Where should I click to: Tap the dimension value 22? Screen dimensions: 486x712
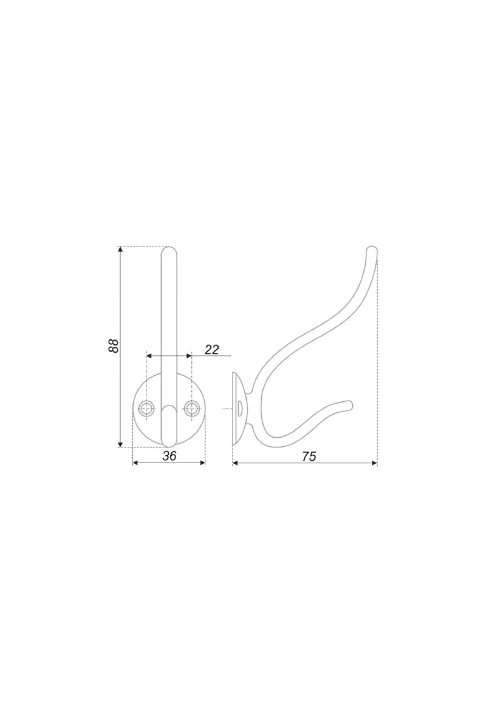(x=212, y=349)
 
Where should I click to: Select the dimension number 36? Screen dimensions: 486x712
(x=169, y=456)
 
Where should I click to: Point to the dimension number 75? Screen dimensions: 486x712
(x=308, y=456)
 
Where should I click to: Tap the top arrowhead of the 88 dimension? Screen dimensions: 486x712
(x=120, y=251)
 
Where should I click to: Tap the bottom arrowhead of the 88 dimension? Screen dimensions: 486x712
(x=120, y=443)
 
